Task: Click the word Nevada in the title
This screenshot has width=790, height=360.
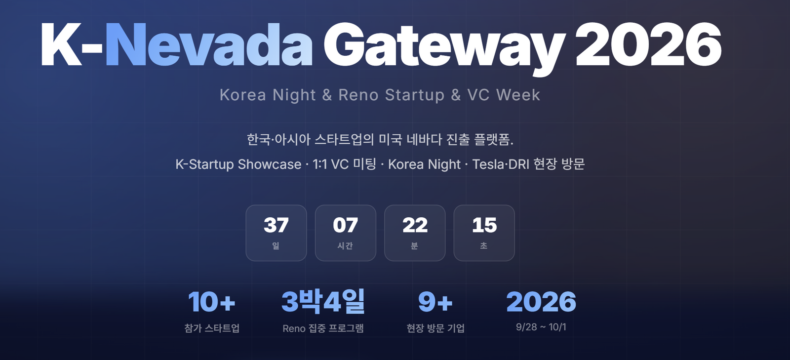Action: click(x=209, y=45)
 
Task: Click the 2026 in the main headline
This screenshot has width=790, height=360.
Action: click(x=649, y=44)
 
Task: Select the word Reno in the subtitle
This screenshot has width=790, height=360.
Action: click(x=358, y=95)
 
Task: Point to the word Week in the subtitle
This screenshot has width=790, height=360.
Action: click(x=518, y=95)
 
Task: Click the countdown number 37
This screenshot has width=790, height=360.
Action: click(x=276, y=225)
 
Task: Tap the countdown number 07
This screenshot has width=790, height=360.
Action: click(x=345, y=225)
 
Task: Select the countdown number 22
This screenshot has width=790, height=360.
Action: click(x=415, y=225)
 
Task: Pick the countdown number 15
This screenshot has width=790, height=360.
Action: click(x=484, y=225)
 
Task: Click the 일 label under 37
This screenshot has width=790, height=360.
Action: click(x=276, y=246)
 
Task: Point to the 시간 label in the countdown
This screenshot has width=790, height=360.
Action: click(x=345, y=246)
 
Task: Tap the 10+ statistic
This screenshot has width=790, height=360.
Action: click(x=212, y=302)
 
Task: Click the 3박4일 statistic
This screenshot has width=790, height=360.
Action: click(x=323, y=301)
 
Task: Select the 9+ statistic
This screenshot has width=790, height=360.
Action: click(x=435, y=302)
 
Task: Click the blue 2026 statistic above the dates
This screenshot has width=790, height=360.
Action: click(x=541, y=302)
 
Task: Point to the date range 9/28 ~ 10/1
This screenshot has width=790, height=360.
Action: click(x=541, y=327)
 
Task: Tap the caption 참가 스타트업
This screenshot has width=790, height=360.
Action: click(x=212, y=328)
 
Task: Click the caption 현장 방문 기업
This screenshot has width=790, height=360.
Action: click(x=435, y=328)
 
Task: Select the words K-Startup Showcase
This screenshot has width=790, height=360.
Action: click(x=238, y=164)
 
